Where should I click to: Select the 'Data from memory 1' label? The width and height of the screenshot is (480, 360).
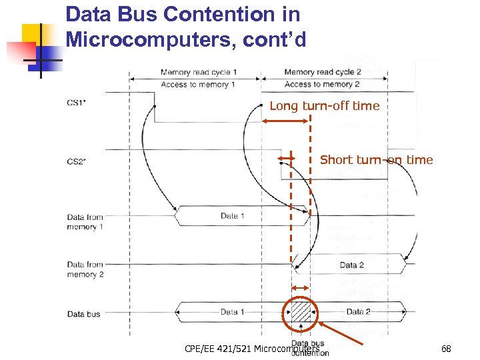point(85,222)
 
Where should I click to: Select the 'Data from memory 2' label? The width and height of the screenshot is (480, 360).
point(85,269)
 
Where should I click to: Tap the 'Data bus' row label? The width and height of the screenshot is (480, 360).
point(83,313)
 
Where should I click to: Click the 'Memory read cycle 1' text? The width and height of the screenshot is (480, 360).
point(199,72)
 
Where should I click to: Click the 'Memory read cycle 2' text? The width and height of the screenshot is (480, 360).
point(323,72)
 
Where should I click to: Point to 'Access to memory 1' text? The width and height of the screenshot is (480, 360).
point(199,85)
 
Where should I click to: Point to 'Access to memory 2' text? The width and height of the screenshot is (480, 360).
point(322,85)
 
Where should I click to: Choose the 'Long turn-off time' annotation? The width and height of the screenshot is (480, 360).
point(324,105)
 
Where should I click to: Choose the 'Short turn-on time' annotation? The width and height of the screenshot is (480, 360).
point(376,159)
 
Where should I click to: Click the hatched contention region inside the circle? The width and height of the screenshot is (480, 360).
point(302,311)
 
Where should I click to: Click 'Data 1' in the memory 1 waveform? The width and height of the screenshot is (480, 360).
point(233,216)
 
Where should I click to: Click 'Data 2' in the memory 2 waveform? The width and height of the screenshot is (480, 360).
point(351,265)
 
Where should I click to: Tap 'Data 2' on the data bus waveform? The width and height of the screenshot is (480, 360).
point(358,311)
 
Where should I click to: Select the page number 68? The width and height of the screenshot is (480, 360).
point(446,349)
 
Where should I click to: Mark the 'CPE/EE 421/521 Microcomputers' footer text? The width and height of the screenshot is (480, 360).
point(252,349)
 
